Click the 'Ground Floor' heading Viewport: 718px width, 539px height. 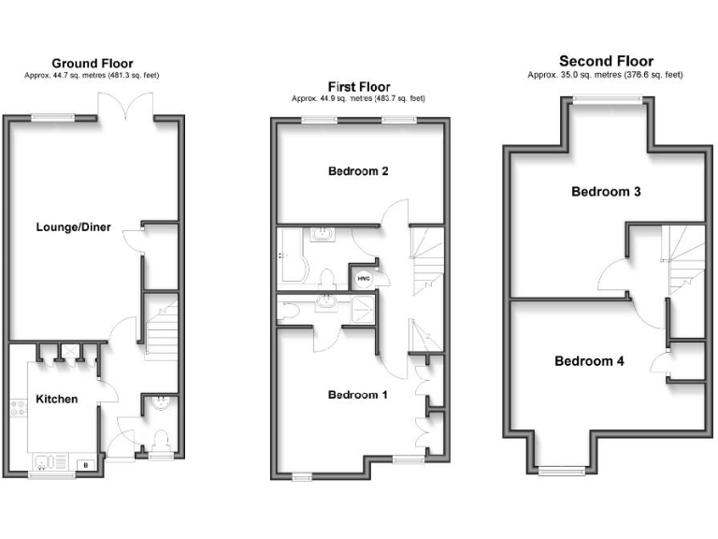91,63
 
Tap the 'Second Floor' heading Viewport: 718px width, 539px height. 606,62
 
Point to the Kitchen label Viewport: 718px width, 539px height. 56,400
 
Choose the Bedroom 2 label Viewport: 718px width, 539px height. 358,171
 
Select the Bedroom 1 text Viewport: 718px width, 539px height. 357,395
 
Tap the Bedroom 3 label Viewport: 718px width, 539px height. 606,192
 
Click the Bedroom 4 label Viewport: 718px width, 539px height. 589,360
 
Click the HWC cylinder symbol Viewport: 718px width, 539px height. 363,276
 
